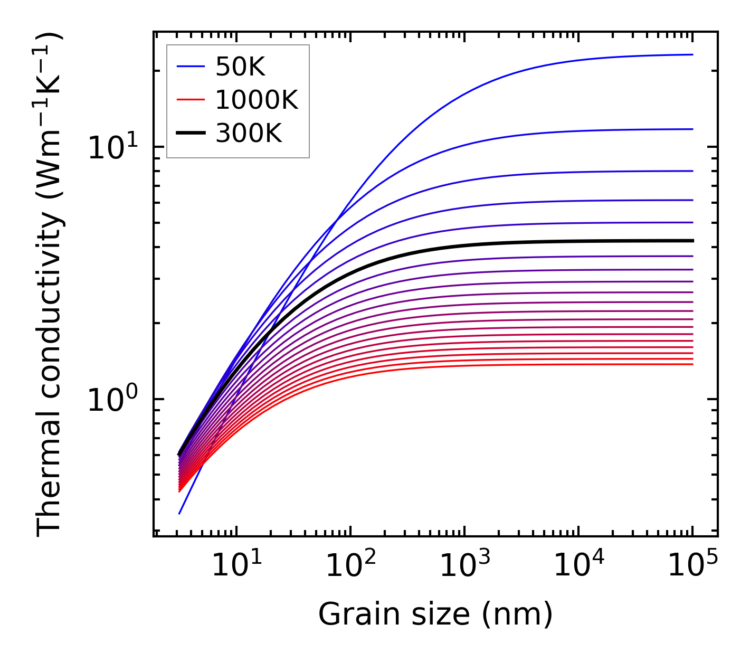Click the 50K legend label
pos(240,67)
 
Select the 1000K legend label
pos(257,100)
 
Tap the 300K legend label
pos(249,134)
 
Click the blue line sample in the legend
pos(191,67)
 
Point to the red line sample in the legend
pos(191,100)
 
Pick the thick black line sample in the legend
pos(191,134)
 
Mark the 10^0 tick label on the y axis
pos(111,400)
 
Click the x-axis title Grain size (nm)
pos(435,614)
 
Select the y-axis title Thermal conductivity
pos(50,285)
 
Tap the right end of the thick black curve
pos(692,241)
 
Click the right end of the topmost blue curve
pos(692,54)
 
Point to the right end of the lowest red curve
pos(692,364)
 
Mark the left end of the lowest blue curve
pos(179,513)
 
